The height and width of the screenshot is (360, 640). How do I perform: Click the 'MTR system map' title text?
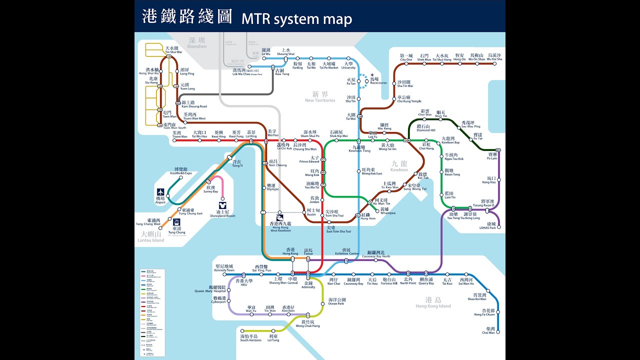297,19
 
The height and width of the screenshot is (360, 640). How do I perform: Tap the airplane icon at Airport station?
160,192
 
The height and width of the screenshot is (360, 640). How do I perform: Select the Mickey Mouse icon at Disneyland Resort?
222,205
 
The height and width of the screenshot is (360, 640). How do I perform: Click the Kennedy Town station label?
224,268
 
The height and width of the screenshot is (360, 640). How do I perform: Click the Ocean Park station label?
336,301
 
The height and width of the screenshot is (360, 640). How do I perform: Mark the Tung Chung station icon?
177,222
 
